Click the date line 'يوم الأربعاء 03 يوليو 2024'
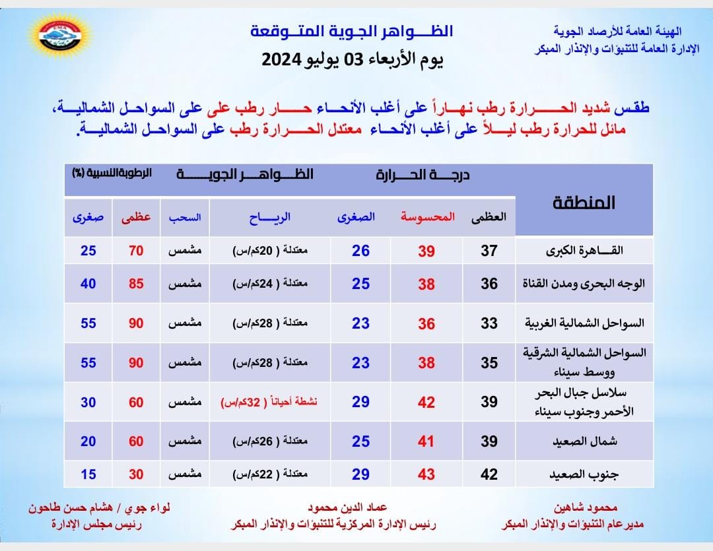353,59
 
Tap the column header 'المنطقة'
583,203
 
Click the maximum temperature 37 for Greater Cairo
489,251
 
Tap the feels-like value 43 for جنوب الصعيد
426,475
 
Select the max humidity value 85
136,284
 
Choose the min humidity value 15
88,475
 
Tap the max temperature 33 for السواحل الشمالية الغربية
489,324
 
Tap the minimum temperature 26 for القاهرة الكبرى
360,251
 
